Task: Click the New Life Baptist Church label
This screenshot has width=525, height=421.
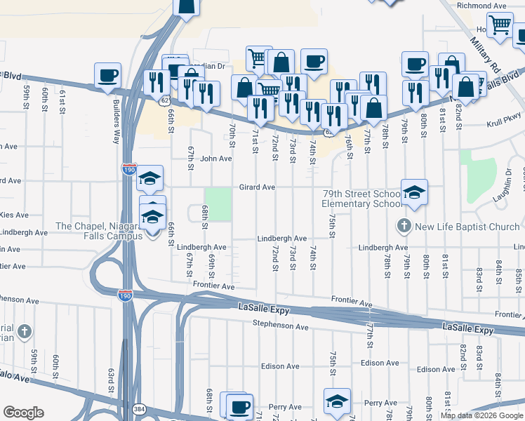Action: coord(467,226)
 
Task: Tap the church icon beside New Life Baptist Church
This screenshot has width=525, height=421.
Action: coord(404,226)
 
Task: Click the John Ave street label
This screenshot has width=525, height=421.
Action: coord(215,159)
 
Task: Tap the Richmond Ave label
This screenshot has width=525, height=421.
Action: coord(481,6)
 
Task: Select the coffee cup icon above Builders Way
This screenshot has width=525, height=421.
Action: coord(107,75)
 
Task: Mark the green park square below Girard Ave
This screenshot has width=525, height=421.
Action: coord(218,203)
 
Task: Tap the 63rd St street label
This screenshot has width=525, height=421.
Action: coord(110,383)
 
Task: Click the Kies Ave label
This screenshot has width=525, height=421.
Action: coord(14,215)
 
